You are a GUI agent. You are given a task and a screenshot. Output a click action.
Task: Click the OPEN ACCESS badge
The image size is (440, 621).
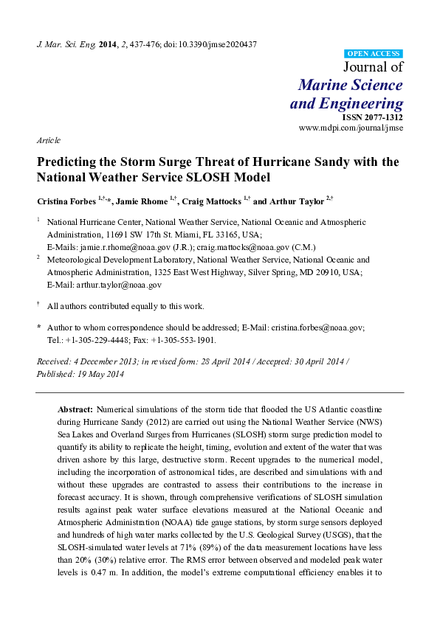click(374, 54)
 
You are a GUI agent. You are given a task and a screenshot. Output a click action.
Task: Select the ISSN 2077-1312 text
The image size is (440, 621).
click(372, 117)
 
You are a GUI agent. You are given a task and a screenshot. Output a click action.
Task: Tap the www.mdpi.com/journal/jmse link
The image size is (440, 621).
click(351, 128)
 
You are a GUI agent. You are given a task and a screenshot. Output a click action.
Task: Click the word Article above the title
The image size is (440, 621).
click(48, 139)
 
